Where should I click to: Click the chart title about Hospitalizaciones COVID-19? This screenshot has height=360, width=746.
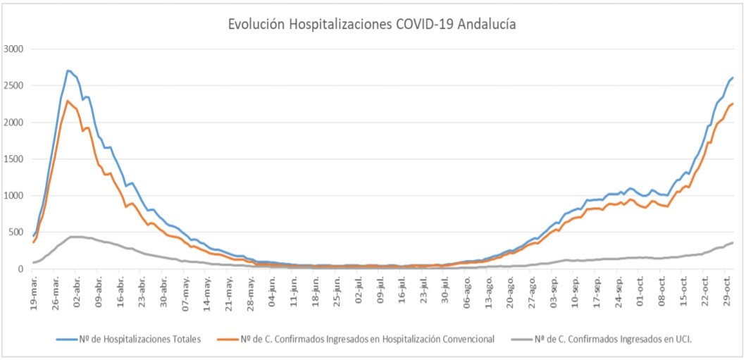[x=372, y=24]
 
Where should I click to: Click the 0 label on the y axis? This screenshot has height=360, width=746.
[x=21, y=268]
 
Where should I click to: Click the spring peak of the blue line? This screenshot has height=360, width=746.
[x=68, y=70]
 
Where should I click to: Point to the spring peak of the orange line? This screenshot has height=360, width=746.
[x=68, y=101]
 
